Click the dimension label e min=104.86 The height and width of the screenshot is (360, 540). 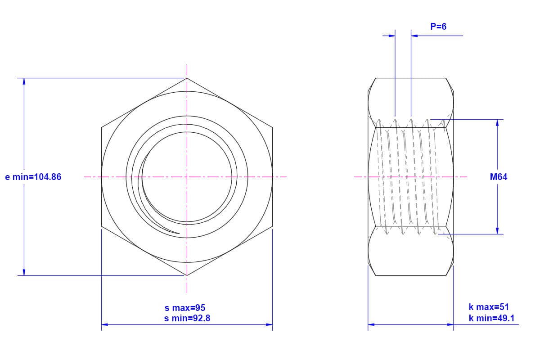(33, 177)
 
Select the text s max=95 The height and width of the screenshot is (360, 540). (185, 308)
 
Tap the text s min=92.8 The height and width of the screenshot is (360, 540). (187, 319)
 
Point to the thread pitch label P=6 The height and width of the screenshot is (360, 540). (438, 27)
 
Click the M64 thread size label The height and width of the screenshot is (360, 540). (499, 177)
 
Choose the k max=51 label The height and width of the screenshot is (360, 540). (489, 307)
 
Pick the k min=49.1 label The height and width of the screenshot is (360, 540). (491, 318)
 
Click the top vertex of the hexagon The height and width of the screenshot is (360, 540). (187, 78)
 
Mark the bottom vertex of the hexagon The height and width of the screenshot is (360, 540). (187, 275)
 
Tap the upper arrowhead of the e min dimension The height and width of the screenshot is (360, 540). (24, 81)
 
